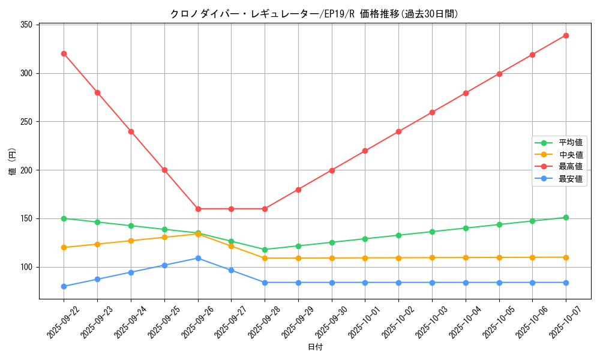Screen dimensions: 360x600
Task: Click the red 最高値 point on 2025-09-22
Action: coord(64,53)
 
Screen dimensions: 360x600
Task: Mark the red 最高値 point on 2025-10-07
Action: coord(566,35)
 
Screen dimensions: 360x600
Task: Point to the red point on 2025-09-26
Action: coord(198,209)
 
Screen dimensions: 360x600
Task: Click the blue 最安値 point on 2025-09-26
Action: coord(198,258)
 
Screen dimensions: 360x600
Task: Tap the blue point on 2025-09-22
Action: coord(64,286)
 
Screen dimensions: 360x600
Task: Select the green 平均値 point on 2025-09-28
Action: coord(265,250)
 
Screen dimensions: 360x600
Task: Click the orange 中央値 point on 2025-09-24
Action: coord(131,241)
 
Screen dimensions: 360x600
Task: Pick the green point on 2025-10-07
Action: coord(566,217)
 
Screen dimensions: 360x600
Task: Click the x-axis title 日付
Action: coord(315,347)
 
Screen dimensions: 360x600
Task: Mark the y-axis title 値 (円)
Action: coord(13,161)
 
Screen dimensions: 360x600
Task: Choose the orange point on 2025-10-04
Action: coord(466,257)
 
